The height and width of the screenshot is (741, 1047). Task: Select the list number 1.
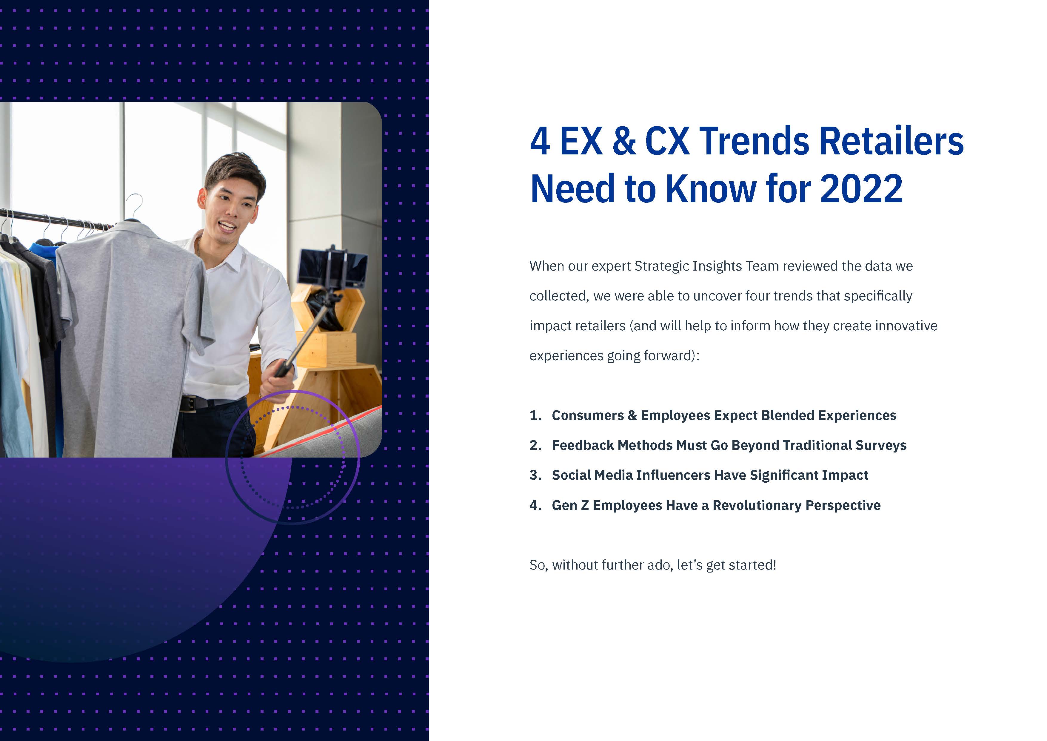click(x=535, y=415)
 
